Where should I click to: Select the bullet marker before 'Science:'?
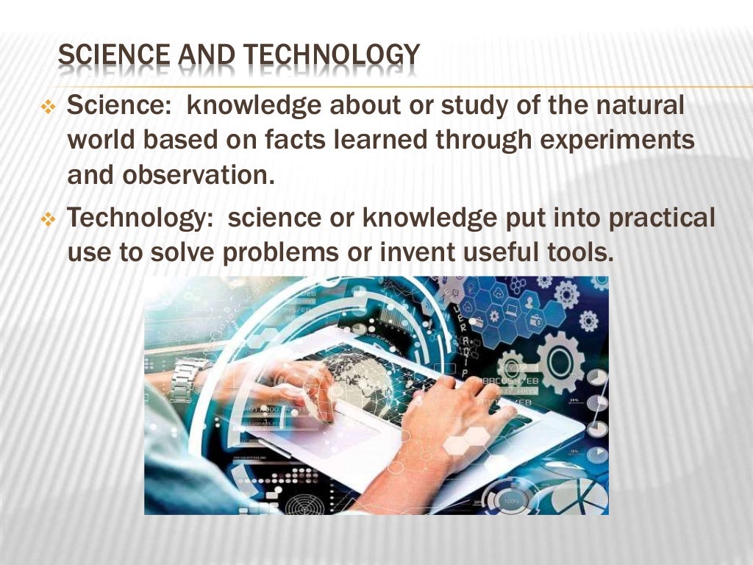coord(49,109)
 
